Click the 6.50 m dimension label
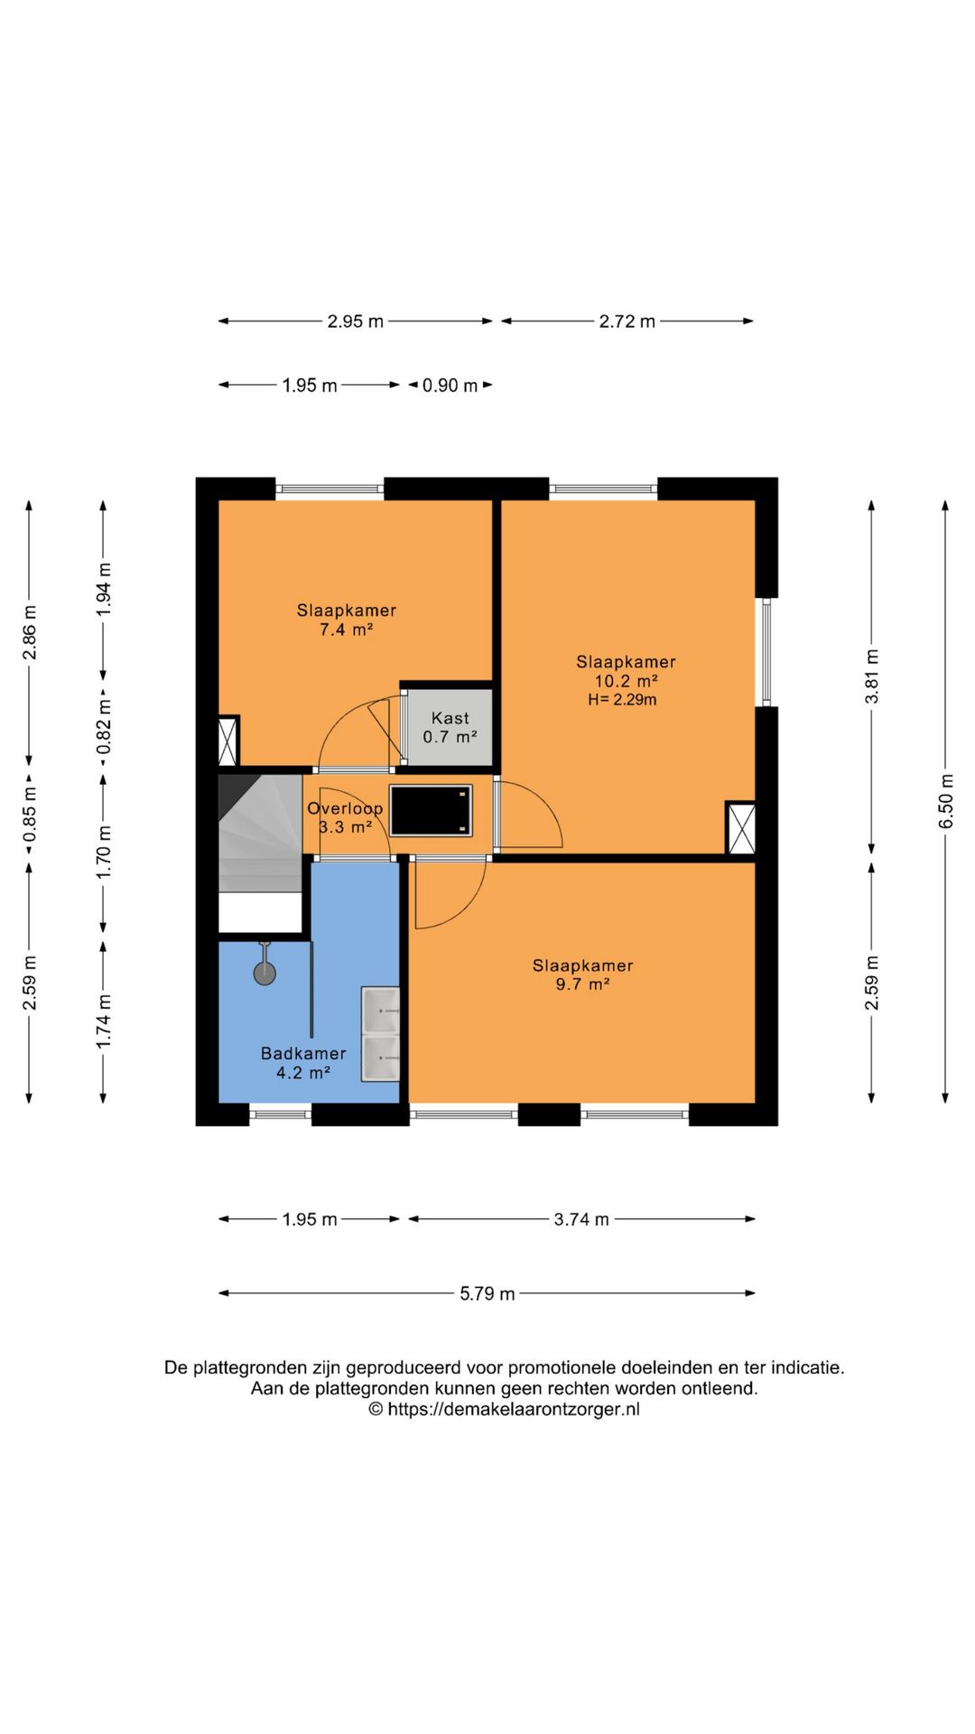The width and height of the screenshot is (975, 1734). (945, 801)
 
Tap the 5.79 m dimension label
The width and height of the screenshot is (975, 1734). (487, 1293)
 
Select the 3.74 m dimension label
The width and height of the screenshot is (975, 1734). (581, 1219)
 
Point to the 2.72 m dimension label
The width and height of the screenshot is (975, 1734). (627, 322)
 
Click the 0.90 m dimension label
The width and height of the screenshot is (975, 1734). (450, 386)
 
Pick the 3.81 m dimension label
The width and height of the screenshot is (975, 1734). (871, 676)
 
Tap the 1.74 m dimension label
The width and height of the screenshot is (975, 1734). (103, 1021)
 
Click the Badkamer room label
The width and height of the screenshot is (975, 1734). (303, 1053)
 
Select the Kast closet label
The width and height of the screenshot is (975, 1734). (450, 718)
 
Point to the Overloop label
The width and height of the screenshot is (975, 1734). (345, 808)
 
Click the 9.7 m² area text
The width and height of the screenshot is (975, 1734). (583, 984)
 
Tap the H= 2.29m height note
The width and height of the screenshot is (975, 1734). (623, 700)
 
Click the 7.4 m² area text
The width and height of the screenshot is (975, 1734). (347, 629)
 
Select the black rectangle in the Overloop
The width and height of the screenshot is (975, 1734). (432, 810)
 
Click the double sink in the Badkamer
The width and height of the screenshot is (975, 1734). (380, 1034)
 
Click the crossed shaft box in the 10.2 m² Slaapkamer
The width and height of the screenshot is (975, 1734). (741, 828)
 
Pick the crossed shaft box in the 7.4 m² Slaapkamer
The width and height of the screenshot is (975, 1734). (228, 741)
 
